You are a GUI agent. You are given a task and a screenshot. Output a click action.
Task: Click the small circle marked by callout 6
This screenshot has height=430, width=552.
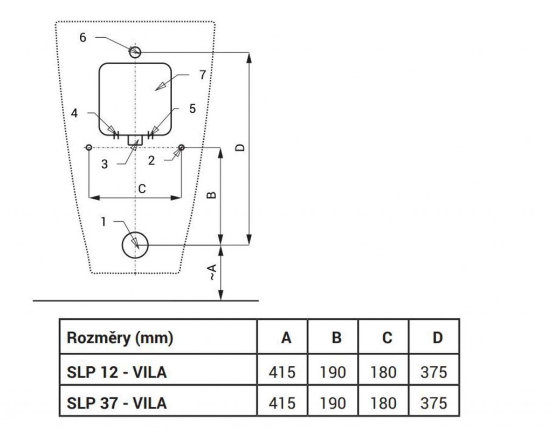[x=135, y=52]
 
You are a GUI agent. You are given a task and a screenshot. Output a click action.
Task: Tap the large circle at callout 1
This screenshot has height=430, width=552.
[x=135, y=246]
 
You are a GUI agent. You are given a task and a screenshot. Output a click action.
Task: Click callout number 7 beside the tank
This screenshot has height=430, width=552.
[x=202, y=75]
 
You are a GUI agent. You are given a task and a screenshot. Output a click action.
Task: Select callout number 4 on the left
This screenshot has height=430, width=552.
[x=75, y=113]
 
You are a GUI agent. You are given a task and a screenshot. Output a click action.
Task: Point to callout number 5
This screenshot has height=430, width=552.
[x=192, y=108]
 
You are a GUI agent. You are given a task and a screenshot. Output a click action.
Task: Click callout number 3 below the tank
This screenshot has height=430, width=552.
[x=104, y=165]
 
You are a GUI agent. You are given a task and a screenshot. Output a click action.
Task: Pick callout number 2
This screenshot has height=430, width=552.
[x=151, y=161]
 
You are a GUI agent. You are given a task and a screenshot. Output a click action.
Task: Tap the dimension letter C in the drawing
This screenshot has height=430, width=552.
[x=142, y=189]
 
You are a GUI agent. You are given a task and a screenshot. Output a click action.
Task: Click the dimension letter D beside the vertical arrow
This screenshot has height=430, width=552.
[x=241, y=147]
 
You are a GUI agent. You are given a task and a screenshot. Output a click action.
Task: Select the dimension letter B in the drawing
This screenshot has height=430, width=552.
[x=212, y=195]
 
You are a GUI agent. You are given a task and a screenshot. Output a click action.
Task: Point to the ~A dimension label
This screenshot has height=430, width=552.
[x=213, y=272]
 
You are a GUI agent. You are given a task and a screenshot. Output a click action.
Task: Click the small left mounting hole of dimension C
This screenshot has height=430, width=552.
[x=89, y=148]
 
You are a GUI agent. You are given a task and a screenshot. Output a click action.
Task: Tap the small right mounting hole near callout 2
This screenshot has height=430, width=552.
[x=182, y=148]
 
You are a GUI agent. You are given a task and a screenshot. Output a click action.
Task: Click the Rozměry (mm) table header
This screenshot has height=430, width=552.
[x=120, y=338]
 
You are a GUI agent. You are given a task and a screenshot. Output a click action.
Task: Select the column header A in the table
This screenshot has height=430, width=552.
[x=286, y=338]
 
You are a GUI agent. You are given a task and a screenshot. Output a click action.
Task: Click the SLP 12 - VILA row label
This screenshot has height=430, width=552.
[x=116, y=372]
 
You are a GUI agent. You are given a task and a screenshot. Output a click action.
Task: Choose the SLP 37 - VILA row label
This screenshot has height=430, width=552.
[x=116, y=402]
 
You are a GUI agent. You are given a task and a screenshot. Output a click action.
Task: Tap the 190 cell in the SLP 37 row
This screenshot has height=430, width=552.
[x=333, y=402]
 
